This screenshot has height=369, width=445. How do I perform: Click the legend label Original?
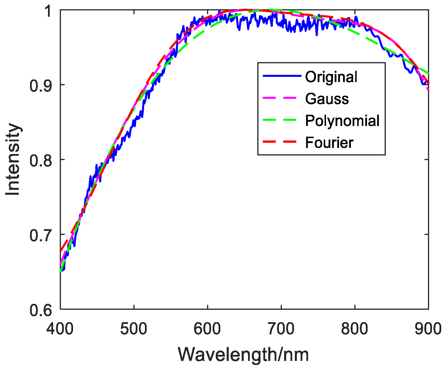click(x=331, y=77)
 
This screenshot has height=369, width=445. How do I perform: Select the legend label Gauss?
click(x=327, y=99)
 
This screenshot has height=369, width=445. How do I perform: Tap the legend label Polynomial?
click(x=342, y=120)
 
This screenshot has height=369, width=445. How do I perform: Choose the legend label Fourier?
click(x=329, y=142)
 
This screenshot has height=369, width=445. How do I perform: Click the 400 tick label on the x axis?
click(x=60, y=329)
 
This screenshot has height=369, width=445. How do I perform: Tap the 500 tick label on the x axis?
click(x=134, y=329)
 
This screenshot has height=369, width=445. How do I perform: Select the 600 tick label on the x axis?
click(x=207, y=329)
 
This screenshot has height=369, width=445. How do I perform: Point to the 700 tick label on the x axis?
click(x=281, y=329)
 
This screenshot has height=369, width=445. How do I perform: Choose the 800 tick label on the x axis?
click(x=355, y=329)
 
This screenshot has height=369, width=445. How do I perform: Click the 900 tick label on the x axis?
click(x=428, y=329)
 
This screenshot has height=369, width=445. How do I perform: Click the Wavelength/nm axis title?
click(x=243, y=355)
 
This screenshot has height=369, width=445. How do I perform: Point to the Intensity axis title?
click(x=13, y=160)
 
